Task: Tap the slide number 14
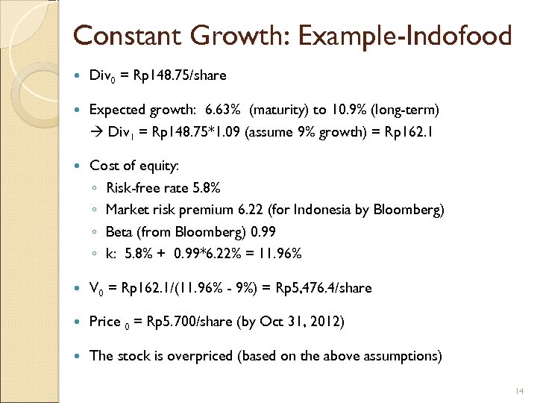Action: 520,390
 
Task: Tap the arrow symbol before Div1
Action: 95,131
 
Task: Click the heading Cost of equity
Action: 134,165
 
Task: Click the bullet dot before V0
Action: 78,288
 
